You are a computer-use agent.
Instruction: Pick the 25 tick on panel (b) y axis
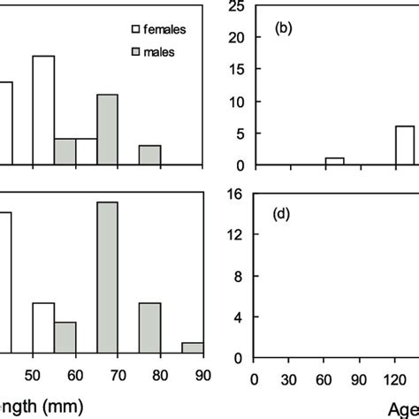point(234,7)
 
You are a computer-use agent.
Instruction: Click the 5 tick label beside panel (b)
point(238,133)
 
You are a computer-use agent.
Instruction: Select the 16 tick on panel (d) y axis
point(234,194)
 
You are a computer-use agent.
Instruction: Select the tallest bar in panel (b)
point(404,145)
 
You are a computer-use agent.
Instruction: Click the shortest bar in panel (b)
point(334,161)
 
